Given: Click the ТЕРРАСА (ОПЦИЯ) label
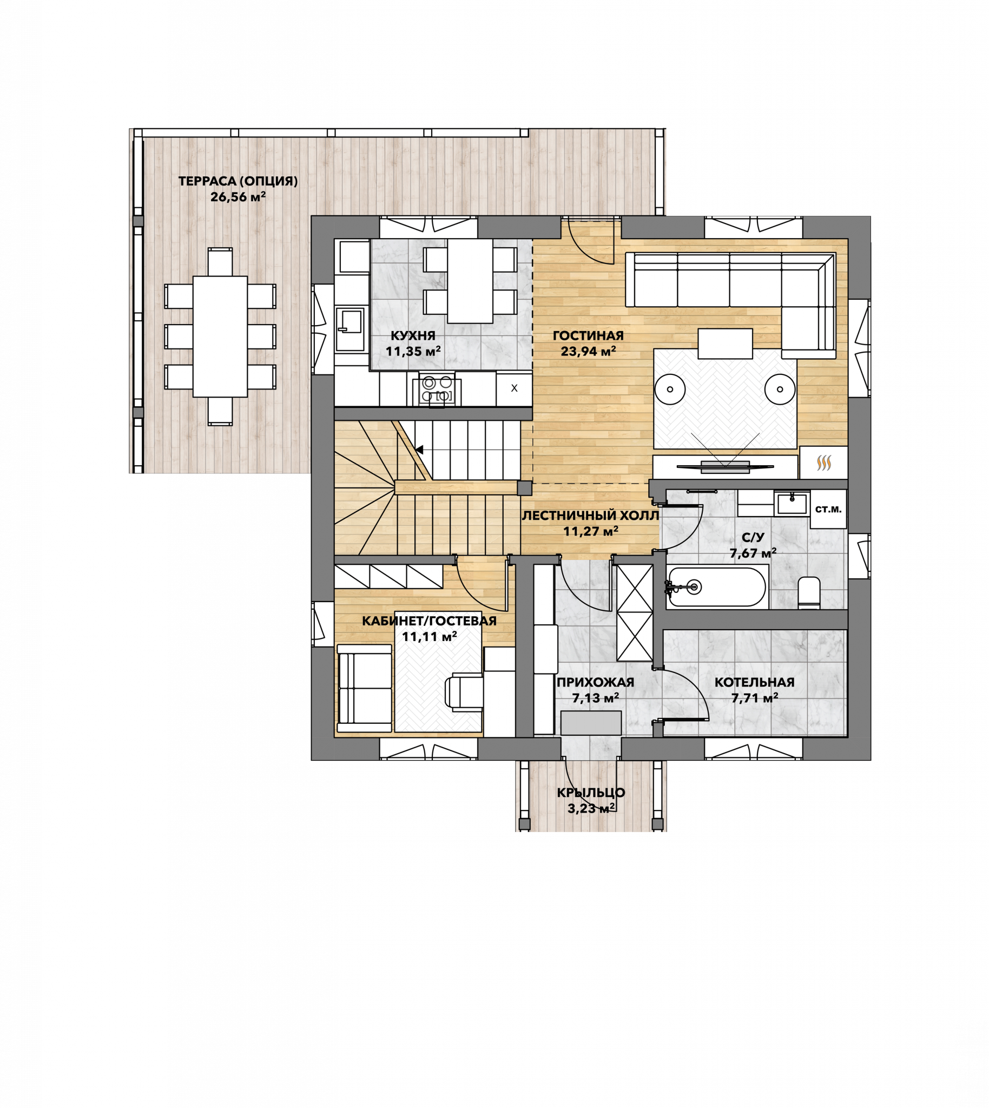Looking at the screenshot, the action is (x=238, y=181).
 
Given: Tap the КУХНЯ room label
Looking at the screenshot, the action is (x=413, y=336).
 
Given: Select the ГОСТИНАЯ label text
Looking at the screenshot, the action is (x=588, y=336).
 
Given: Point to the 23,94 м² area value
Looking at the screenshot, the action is (x=588, y=351).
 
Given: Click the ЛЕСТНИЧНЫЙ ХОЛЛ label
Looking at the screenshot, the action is (x=590, y=516).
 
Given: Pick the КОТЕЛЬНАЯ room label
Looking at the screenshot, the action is (x=754, y=683).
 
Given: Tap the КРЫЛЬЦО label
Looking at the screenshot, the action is (x=591, y=793).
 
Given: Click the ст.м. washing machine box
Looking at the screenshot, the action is (x=828, y=509).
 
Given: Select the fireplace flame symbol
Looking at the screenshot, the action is (x=824, y=463).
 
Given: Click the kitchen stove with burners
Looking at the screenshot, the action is (x=438, y=390).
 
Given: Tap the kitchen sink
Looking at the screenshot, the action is (x=350, y=330).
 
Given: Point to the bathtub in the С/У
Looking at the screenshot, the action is (x=717, y=587).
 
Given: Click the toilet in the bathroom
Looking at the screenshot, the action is (x=809, y=593).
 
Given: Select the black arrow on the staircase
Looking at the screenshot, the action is (x=419, y=450).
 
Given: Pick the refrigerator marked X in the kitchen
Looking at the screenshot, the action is (x=514, y=389).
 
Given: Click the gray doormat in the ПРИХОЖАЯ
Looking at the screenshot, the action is (x=591, y=723).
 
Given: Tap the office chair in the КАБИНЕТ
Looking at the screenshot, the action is (x=464, y=691).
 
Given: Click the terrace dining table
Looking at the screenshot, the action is (x=220, y=337).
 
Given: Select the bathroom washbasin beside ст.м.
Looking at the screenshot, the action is (x=792, y=504).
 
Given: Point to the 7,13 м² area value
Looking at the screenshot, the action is (x=596, y=698).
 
